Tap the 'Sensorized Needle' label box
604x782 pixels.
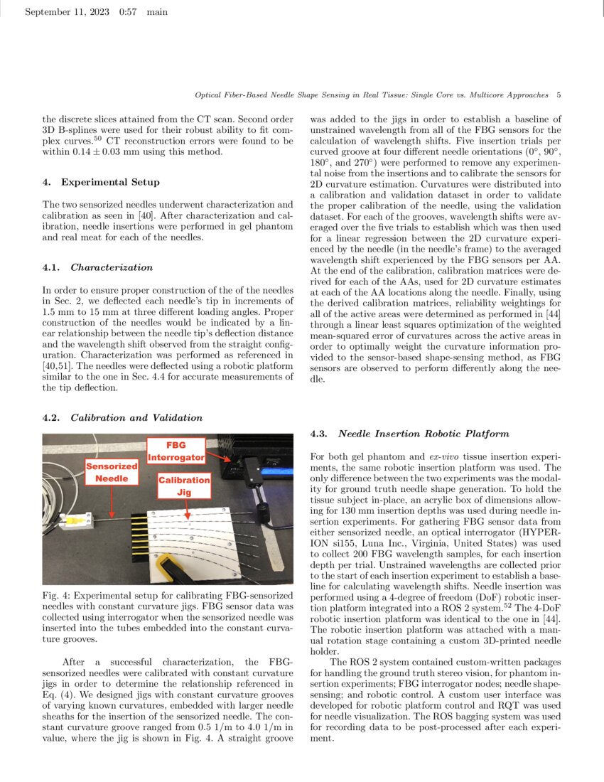tap(112, 472)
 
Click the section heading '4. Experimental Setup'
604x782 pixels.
tap(101, 183)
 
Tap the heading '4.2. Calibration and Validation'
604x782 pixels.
tap(122, 417)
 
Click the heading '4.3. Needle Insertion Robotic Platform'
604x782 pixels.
tap(413, 433)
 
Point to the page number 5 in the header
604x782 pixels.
tap(559, 95)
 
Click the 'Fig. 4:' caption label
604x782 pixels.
tap(56, 593)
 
